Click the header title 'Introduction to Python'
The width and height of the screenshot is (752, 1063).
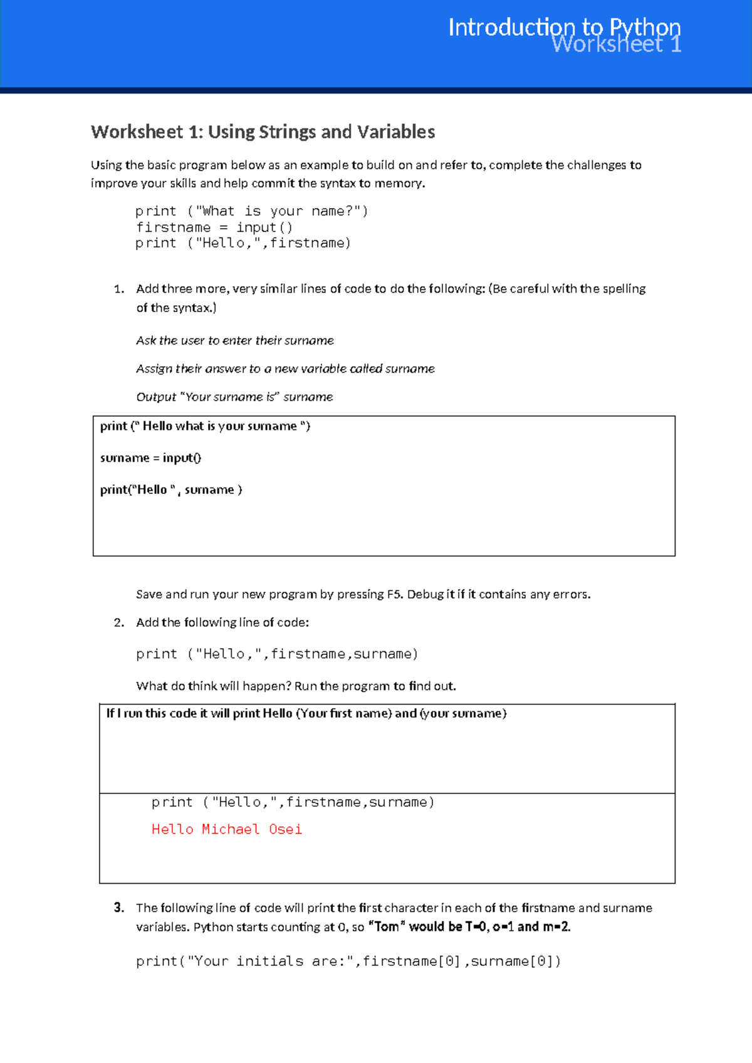[564, 28]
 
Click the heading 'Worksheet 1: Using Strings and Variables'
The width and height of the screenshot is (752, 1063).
[263, 132]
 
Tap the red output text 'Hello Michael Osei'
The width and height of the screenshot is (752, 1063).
[226, 829]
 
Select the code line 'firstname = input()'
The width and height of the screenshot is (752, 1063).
[214, 228]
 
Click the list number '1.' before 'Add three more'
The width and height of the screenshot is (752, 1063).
[119, 289]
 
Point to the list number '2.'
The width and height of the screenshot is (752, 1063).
[119, 622]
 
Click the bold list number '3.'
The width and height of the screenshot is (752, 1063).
[119, 908]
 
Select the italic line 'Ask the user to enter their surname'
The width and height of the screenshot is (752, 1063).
[235, 340]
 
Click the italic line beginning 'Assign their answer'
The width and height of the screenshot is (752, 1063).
[285, 369]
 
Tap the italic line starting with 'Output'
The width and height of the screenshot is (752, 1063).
[234, 397]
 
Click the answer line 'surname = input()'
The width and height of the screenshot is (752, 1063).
[150, 458]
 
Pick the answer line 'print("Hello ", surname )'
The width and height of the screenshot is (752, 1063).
[171, 490]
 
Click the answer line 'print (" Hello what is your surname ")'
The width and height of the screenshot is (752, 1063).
[205, 426]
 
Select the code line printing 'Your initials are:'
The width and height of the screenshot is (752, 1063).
[348, 961]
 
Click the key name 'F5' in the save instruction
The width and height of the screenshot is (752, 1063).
[394, 594]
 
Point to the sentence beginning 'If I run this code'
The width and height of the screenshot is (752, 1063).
[306, 713]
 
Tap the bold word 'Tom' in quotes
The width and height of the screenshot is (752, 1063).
[387, 926]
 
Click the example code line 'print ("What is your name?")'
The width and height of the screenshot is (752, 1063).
[251, 211]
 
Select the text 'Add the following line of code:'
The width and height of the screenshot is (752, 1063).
[222, 622]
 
